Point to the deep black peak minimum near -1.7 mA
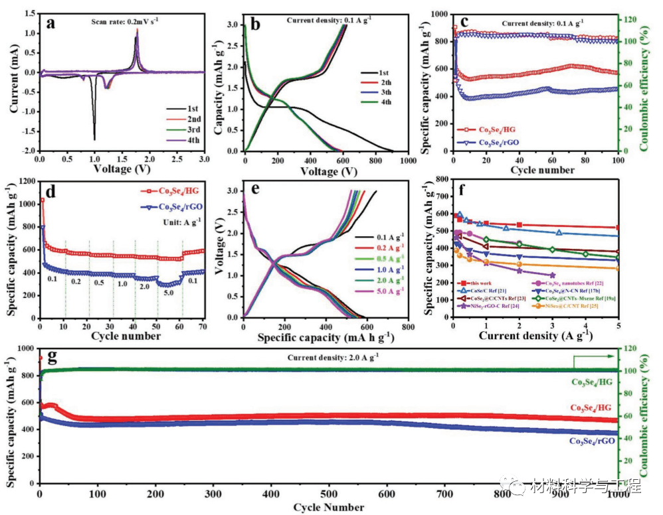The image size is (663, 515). [94, 139]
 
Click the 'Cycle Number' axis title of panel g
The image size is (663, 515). [329, 508]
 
